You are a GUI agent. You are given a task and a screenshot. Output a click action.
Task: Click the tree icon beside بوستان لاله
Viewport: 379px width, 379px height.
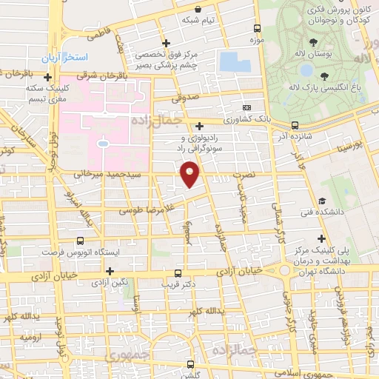[315, 40]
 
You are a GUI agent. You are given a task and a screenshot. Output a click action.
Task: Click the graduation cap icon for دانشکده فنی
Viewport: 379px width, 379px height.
[322, 201]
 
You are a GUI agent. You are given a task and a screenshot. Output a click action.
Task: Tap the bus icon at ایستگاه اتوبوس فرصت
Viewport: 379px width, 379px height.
[80, 241]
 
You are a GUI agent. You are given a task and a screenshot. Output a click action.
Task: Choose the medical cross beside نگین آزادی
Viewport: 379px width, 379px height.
[110, 271]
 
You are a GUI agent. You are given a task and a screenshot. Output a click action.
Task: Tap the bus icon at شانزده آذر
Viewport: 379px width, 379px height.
[295, 125]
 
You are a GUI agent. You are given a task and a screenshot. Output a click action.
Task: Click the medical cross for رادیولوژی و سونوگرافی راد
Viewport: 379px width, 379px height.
[200, 126]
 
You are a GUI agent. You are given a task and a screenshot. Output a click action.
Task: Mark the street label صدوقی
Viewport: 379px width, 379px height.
[187, 95]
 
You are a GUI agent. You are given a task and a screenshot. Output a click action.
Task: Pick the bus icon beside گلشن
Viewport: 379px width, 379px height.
[192, 364]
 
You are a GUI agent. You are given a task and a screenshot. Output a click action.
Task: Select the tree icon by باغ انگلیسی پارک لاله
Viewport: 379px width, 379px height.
[323, 76]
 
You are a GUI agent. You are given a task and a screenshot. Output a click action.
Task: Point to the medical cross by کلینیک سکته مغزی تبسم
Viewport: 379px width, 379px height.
[48, 76]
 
